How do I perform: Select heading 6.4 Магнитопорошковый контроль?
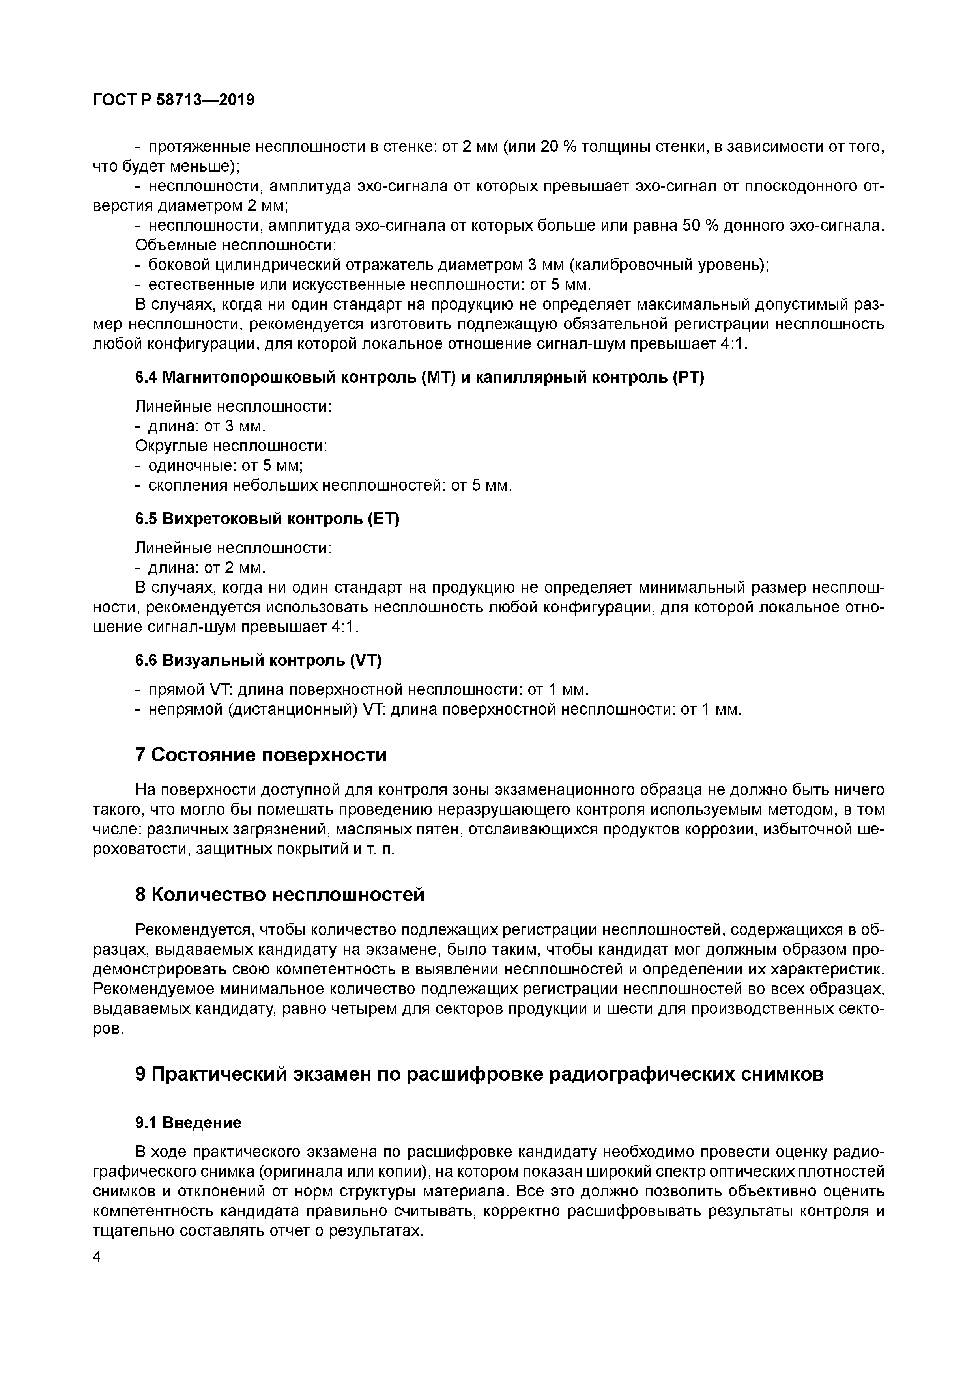(419, 378)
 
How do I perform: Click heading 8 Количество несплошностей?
(280, 894)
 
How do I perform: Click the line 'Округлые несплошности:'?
(231, 446)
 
